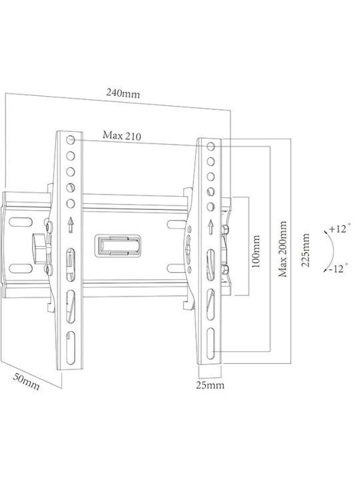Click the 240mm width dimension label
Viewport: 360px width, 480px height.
click(x=123, y=93)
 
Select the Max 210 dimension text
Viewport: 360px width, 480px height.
click(x=122, y=135)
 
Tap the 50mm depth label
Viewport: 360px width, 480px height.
click(x=26, y=382)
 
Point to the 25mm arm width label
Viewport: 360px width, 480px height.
click(x=210, y=385)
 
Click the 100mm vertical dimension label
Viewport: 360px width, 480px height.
click(x=255, y=251)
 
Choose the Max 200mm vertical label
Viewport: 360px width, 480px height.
click(x=283, y=249)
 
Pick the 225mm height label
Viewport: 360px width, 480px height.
click(x=305, y=250)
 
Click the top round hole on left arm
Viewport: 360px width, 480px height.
click(x=71, y=140)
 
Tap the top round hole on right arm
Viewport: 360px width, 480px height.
click(x=211, y=146)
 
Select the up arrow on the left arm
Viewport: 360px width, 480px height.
click(x=71, y=225)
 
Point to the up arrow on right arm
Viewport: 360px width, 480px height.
click(x=211, y=227)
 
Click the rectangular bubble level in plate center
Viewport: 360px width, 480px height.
click(x=118, y=245)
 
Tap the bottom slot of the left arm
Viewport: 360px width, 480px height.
click(x=71, y=347)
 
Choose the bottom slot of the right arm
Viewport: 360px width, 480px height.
click(x=211, y=343)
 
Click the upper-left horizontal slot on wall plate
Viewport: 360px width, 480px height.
click(x=21, y=222)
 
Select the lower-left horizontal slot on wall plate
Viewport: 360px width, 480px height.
click(x=21, y=269)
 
